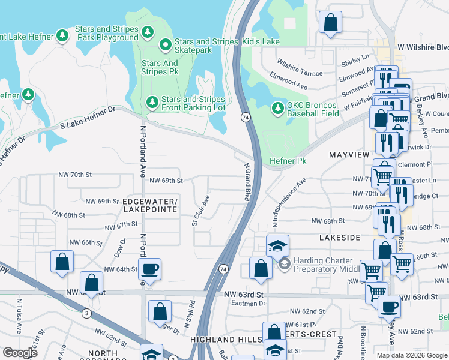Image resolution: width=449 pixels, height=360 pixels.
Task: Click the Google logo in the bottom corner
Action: tap(20, 353)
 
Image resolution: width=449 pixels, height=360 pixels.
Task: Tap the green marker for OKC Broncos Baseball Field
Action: tap(277, 109)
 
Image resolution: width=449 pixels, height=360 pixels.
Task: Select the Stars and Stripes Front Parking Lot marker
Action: tap(152, 103)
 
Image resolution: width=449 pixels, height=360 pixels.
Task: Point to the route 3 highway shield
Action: tap(87, 313)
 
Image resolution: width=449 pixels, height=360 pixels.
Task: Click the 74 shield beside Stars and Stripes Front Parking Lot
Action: tap(246, 118)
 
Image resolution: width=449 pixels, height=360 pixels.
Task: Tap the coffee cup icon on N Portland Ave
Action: tap(149, 269)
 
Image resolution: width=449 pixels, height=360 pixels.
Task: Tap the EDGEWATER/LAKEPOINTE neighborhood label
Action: tap(149, 205)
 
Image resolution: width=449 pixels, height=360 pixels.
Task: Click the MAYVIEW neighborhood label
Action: tap(348, 154)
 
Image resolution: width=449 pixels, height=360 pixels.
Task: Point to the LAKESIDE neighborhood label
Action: tap(340, 238)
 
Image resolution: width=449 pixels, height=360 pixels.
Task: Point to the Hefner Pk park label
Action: tap(288, 161)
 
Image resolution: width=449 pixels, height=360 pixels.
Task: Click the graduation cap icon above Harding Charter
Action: tap(277, 245)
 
